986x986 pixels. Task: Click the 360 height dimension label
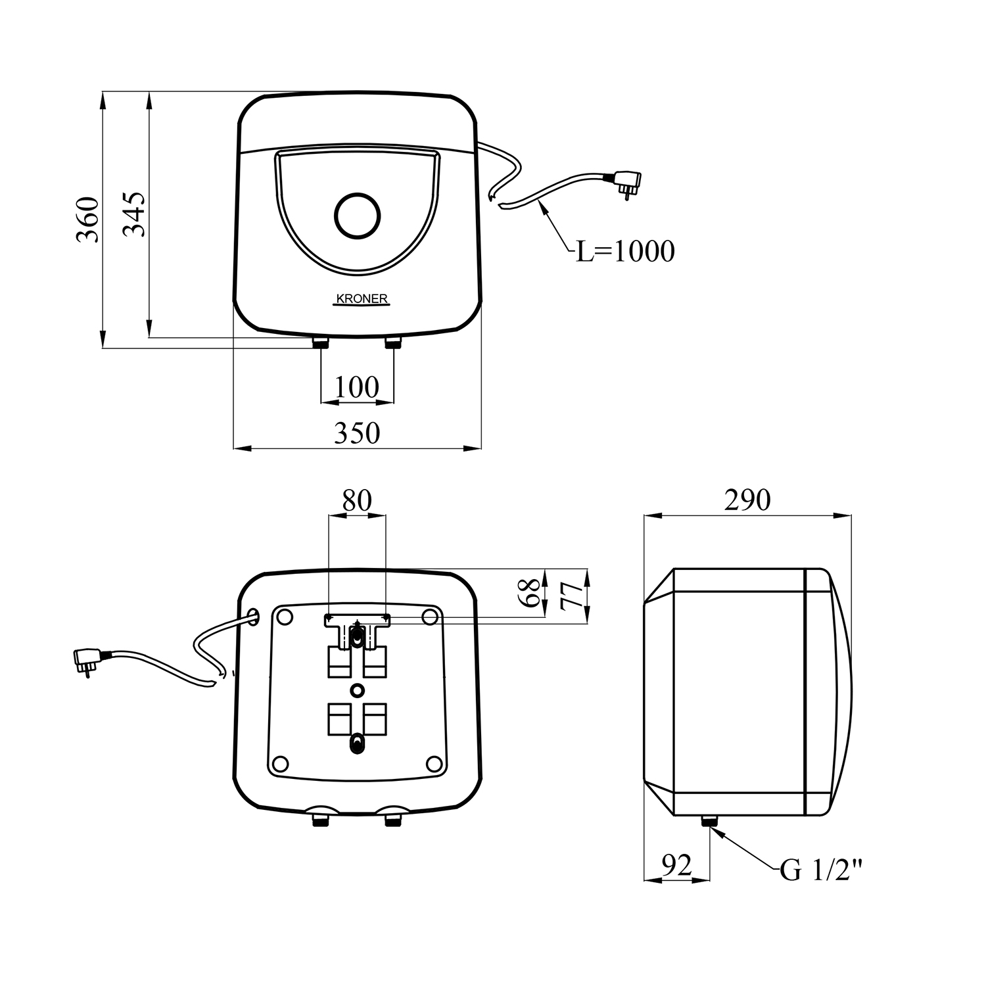(87, 220)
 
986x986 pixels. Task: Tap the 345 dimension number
(134, 214)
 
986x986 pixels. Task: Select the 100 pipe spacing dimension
(357, 387)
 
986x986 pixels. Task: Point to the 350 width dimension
(357, 433)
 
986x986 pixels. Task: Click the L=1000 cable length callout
(625, 251)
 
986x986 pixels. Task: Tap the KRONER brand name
(362, 299)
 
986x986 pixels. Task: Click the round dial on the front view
(357, 215)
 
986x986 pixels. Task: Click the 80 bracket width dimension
(357, 501)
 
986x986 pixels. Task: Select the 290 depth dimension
(747, 501)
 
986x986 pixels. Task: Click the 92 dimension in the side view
(676, 865)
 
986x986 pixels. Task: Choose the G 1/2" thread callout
(820, 871)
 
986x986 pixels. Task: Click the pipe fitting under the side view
(709, 821)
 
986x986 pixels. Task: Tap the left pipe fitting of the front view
(321, 342)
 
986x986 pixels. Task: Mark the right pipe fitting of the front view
(393, 342)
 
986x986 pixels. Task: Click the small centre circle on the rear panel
(357, 690)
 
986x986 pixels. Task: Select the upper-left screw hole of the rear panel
(285, 617)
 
